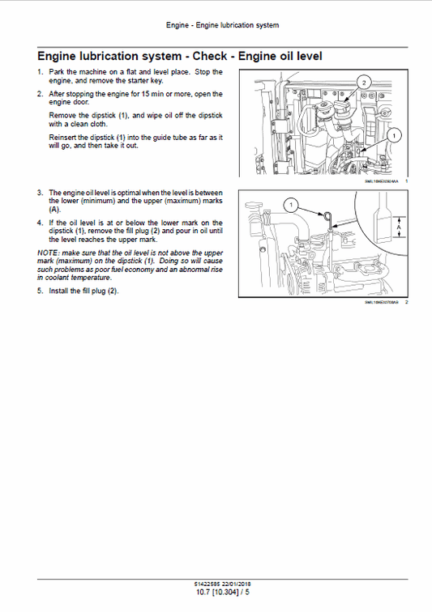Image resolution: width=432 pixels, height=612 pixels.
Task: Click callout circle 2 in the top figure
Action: [364, 83]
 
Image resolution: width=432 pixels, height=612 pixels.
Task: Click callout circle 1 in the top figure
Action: [394, 136]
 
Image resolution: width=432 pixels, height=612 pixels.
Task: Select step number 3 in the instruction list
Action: [40, 193]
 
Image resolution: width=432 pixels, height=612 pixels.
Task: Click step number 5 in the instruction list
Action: [40, 291]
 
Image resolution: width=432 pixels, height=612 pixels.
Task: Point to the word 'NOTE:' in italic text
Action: [48, 253]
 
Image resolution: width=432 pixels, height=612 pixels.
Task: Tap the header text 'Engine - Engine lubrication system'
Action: [222, 25]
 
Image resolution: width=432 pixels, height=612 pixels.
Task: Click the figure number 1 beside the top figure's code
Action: [405, 181]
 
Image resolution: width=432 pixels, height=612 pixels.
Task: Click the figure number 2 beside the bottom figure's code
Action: [405, 303]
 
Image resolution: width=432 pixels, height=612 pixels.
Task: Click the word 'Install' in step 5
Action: [60, 291]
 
